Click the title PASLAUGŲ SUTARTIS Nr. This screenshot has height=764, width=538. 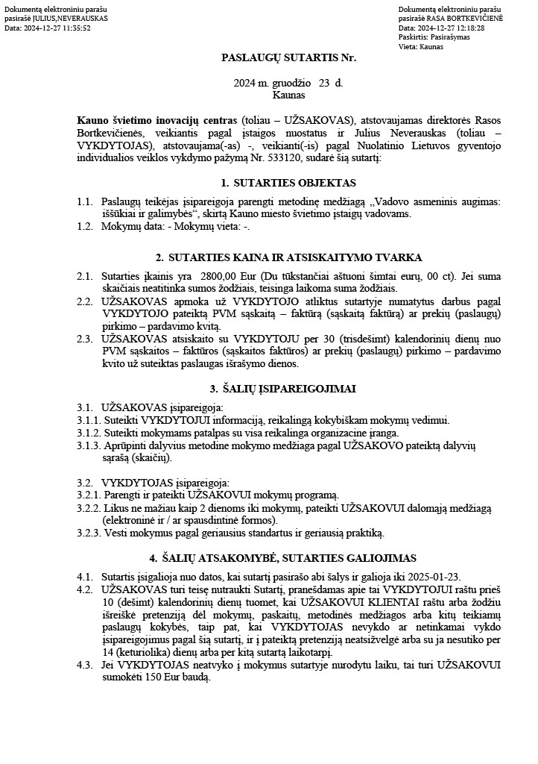click(x=288, y=57)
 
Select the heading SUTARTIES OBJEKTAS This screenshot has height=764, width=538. click(x=295, y=183)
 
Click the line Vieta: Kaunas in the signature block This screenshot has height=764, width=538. click(x=420, y=46)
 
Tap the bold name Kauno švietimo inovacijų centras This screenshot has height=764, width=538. click(x=156, y=120)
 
